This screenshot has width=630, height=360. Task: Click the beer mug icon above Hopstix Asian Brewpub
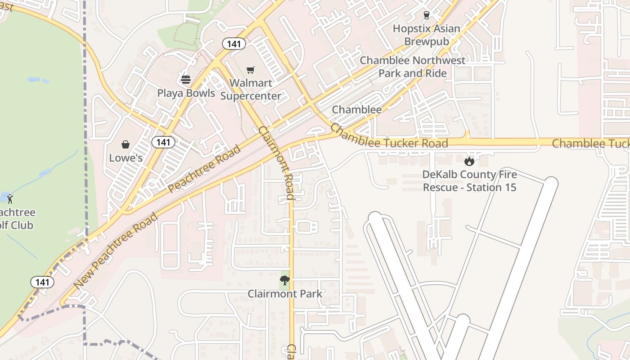(427, 15)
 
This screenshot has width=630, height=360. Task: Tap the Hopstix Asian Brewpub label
(427, 35)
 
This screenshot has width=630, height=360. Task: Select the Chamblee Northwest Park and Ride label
(413, 67)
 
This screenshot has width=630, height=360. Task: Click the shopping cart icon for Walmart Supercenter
(251, 70)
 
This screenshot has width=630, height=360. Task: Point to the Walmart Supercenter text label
(251, 90)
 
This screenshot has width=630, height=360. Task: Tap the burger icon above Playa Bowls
(186, 80)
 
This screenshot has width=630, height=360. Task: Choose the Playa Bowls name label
(186, 93)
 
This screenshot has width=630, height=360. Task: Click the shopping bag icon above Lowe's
(126, 144)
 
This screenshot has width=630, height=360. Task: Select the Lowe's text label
(126, 158)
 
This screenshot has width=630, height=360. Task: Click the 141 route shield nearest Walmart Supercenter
(234, 44)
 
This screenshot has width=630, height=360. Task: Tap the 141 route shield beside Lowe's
(163, 142)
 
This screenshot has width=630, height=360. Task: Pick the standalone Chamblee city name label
(357, 109)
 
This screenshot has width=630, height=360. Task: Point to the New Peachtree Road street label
(116, 251)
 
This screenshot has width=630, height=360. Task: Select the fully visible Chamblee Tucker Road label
(389, 137)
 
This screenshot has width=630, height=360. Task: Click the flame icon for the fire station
(469, 161)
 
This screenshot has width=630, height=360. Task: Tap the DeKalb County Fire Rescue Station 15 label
(469, 181)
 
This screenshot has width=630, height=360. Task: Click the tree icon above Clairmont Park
(284, 280)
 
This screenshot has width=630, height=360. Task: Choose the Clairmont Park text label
(285, 294)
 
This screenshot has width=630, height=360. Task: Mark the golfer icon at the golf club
(10, 198)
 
